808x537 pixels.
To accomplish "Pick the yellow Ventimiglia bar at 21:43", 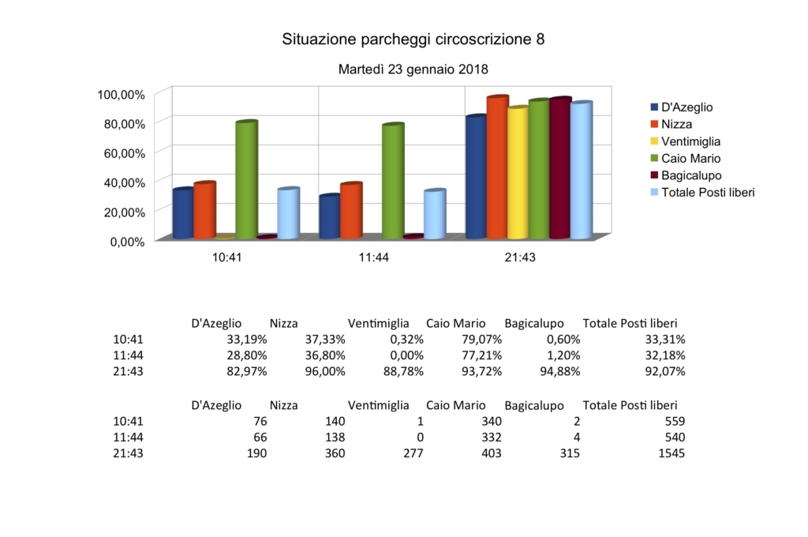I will [x=518, y=173].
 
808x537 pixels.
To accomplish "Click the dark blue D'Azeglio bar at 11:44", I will [x=330, y=216].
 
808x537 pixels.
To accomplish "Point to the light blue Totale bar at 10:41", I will [x=288, y=213].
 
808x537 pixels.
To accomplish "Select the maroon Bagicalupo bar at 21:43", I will [x=559, y=168].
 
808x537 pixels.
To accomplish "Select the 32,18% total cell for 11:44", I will [x=664, y=355].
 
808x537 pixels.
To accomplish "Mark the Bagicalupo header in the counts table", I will [x=533, y=406].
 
